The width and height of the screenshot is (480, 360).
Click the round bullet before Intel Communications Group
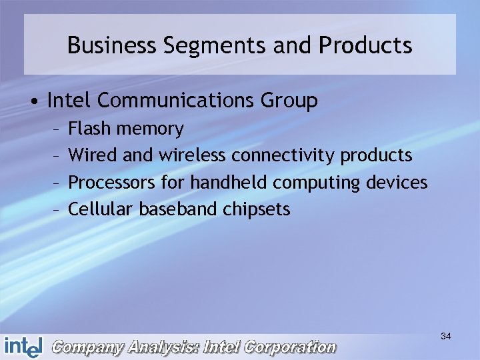33,101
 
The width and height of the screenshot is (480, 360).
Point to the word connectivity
283,156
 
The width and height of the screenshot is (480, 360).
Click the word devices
398,182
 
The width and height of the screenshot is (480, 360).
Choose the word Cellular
101,209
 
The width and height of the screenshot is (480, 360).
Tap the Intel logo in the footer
23,347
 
